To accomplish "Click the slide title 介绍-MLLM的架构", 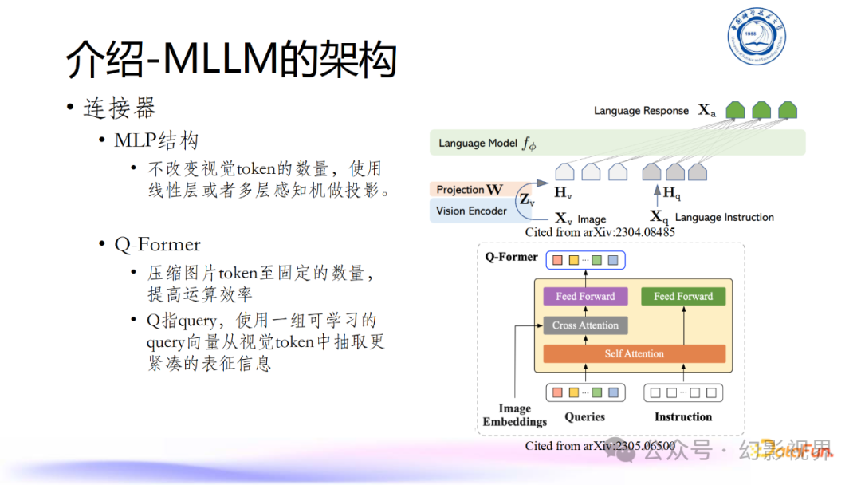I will [230, 61].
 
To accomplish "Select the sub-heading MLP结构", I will [156, 141].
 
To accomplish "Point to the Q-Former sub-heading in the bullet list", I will [157, 245].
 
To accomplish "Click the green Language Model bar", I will [618, 143].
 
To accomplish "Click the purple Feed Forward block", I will [585, 296].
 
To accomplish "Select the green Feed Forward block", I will [683, 296].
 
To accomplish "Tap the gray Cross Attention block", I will [585, 325].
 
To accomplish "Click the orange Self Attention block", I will [634, 353].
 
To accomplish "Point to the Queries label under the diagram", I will [584, 417].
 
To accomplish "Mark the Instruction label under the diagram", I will [682, 417].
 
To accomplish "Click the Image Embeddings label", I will [515, 415].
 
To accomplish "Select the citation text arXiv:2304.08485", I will [600, 233].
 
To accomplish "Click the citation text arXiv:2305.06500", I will [600, 446].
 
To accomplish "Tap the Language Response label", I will [641, 111].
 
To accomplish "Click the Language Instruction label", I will [724, 217].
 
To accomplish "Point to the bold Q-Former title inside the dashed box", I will [511, 258].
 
